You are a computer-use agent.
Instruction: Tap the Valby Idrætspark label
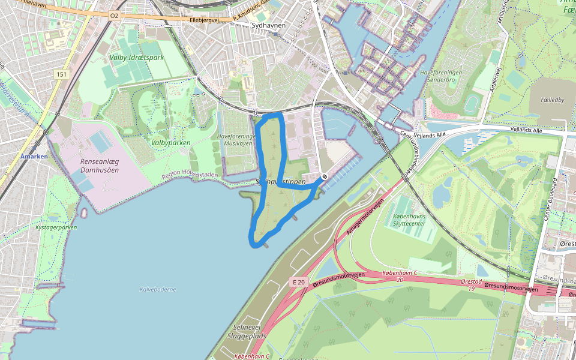(137, 58)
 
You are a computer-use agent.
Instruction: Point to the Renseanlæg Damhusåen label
(100, 166)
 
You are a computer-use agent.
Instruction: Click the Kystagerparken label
(56, 228)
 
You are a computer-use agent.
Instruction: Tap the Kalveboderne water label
(158, 289)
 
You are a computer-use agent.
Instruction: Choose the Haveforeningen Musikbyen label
(236, 140)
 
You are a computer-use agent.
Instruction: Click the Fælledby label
(552, 100)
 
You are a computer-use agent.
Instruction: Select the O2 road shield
(114, 16)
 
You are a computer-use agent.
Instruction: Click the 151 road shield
(61, 74)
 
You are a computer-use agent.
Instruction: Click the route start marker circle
(324, 177)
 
